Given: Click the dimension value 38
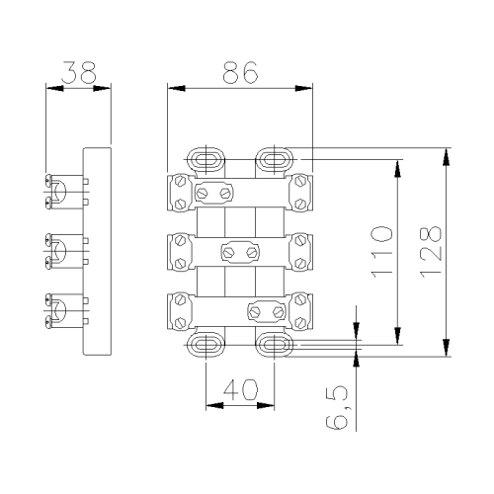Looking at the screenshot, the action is (79, 72).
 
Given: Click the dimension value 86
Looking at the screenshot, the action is (240, 72).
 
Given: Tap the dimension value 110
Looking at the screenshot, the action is (382, 252).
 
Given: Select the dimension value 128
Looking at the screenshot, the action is (431, 252).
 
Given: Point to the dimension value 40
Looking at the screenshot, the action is (240, 389).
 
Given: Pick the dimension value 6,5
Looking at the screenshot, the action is (337, 408).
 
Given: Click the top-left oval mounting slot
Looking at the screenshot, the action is (206, 160).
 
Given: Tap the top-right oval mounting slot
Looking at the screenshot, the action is (275, 160).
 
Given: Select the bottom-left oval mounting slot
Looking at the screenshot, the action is (206, 345).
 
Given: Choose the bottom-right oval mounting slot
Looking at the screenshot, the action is (275, 345).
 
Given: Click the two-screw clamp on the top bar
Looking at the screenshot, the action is (214, 193).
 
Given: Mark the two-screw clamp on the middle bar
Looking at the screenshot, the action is (240, 253).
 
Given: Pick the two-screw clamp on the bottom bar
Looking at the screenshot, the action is (266, 311).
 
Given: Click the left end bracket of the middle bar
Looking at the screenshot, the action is (180, 252).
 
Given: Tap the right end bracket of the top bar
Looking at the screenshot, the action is (300, 193).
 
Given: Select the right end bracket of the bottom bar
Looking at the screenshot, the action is (300, 311).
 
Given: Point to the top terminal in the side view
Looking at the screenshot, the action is (66, 192).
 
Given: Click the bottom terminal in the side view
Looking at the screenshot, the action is (66, 310).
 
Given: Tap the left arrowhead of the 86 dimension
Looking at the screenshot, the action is (176, 88).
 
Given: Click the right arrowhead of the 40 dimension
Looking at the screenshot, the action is (266, 405).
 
